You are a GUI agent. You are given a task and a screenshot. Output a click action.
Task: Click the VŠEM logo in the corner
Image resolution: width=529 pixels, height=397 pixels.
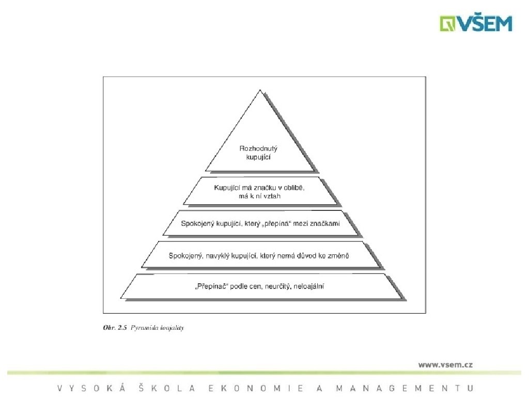476,23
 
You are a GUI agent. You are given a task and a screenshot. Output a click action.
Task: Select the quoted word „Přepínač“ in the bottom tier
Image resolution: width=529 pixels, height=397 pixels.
206,286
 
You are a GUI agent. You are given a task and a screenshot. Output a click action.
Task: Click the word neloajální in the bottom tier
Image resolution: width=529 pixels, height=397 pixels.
308,286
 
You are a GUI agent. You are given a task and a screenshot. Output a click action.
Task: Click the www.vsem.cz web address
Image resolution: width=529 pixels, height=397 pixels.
445,364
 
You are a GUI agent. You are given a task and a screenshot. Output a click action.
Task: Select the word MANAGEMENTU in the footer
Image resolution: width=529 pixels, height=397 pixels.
404,388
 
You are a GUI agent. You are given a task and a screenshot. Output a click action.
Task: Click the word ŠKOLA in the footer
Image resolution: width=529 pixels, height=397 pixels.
167,388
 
